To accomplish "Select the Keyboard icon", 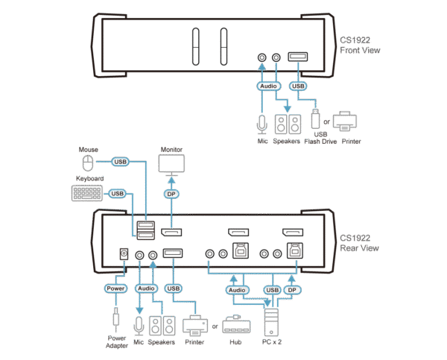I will (88, 193).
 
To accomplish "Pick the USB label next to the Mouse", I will (119, 162).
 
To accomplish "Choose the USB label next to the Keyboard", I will (117, 194).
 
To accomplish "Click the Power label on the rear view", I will (115, 288).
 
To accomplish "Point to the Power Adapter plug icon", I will (115, 320).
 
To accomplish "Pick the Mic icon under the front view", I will (261, 122).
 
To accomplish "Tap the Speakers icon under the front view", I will (287, 122).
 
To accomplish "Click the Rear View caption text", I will (361, 244).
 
